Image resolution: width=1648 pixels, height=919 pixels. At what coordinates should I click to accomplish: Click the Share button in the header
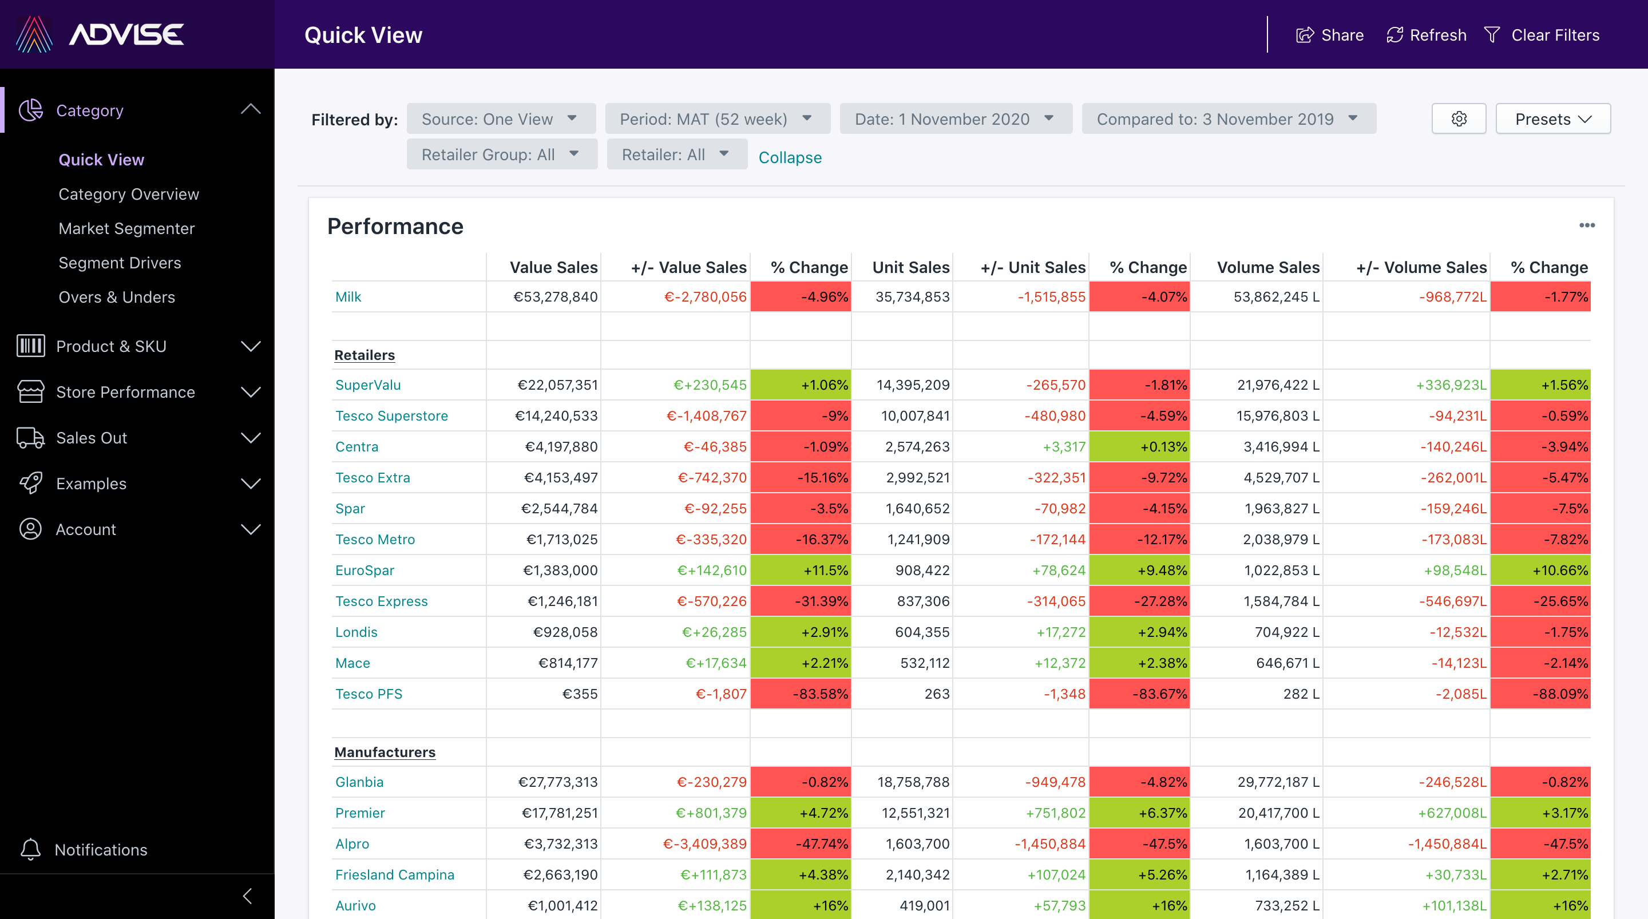click(1329, 35)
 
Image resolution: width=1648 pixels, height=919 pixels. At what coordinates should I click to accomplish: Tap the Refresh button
click(1426, 35)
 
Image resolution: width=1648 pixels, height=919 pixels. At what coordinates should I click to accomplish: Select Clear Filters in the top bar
click(1542, 35)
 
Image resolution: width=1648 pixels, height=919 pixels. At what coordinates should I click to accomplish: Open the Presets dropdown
click(1552, 119)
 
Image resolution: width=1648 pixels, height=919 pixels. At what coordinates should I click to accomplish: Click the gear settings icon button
click(1459, 119)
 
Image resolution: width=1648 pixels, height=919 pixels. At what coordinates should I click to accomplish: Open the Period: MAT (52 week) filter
click(716, 119)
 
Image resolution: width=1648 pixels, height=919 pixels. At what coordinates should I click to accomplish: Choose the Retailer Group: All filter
click(501, 155)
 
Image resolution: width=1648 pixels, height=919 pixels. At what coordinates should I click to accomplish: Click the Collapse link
click(790, 157)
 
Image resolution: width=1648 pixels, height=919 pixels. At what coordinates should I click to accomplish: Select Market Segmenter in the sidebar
click(126, 228)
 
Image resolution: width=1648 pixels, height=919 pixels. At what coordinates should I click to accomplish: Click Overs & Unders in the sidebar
click(116, 297)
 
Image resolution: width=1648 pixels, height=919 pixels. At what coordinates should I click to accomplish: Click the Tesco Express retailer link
click(381, 601)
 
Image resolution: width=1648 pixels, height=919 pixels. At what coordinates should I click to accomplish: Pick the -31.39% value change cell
click(801, 601)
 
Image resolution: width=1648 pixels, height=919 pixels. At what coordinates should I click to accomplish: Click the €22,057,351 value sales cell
click(557, 385)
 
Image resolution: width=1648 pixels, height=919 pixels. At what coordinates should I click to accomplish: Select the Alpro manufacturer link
click(352, 843)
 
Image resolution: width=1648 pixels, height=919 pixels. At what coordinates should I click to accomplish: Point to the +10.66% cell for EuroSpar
click(1540, 570)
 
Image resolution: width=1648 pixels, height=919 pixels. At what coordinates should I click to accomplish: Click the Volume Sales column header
click(1267, 267)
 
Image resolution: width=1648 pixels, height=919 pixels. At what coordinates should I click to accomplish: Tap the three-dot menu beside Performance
click(1587, 225)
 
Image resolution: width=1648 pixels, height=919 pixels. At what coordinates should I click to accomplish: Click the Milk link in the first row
click(348, 297)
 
